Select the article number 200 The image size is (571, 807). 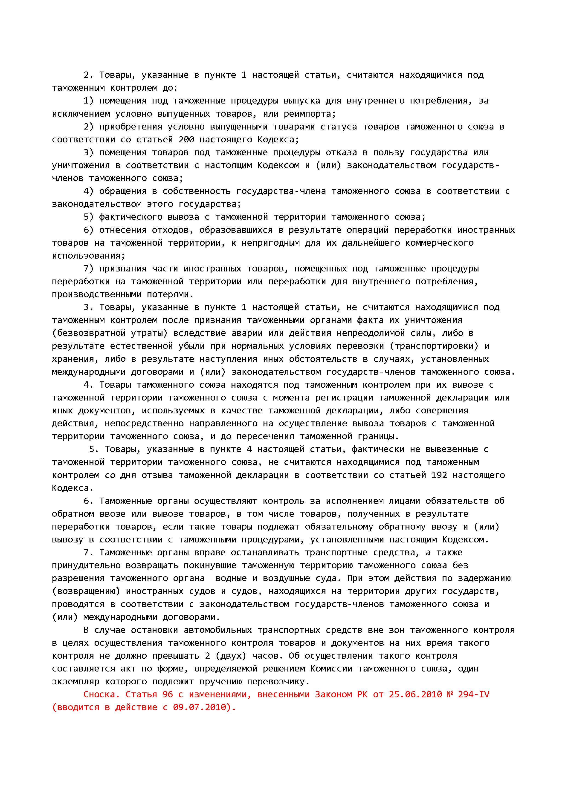click(x=186, y=140)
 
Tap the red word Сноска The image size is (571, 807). click(x=102, y=695)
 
